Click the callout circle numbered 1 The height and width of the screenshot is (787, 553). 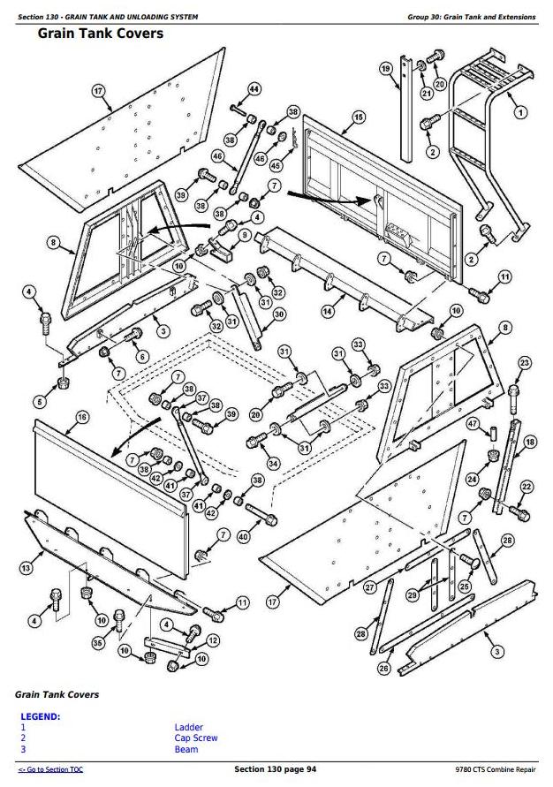[520, 112]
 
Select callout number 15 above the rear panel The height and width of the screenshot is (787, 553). [358, 117]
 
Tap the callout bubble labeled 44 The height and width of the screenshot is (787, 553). [254, 88]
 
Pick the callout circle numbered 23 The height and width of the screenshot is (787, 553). [525, 363]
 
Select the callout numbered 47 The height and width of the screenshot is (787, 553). [473, 424]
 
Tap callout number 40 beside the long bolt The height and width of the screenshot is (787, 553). [243, 535]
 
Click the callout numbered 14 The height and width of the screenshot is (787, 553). [327, 311]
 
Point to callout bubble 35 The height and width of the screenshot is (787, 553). [97, 643]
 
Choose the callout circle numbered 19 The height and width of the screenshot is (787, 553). [386, 69]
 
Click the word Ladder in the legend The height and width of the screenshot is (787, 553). [189, 727]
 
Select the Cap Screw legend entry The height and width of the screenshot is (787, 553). [195, 738]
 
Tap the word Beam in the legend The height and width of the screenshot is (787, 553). [186, 749]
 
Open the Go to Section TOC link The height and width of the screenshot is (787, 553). [51, 770]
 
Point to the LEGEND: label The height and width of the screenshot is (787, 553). [40, 715]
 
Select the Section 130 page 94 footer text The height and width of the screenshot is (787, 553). [275, 769]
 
